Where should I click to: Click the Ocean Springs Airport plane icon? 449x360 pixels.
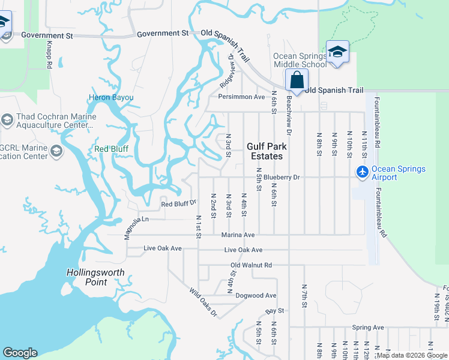(x=362, y=172)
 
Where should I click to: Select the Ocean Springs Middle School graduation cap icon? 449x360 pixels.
(x=337, y=52)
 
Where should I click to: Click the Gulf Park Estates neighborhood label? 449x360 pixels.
(x=266, y=151)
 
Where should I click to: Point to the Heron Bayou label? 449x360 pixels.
(x=111, y=97)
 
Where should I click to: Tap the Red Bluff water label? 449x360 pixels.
(x=111, y=149)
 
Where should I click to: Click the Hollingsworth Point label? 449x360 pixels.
(x=95, y=277)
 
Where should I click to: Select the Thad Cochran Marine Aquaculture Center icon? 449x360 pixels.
(x=7, y=120)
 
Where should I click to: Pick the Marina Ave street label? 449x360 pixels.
(x=238, y=235)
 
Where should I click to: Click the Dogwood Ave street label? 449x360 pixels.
(x=256, y=295)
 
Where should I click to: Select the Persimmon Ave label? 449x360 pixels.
(x=241, y=97)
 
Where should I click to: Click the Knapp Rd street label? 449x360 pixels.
(x=49, y=55)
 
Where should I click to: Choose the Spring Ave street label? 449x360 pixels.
(x=368, y=328)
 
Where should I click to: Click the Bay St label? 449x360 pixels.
(x=274, y=311)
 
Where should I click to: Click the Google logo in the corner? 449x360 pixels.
(x=20, y=353)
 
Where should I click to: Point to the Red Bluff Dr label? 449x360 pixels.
(x=179, y=204)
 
